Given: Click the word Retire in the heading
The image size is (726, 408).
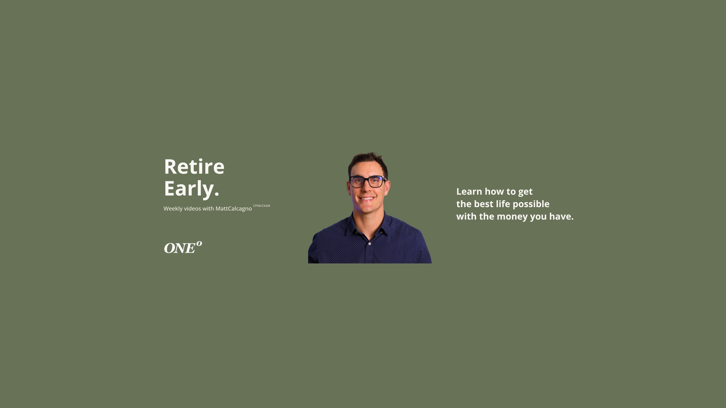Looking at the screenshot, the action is pyautogui.click(x=194, y=167).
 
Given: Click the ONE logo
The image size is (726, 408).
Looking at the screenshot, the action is pyautogui.click(x=183, y=247).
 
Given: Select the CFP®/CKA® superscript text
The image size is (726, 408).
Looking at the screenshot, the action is pyautogui.click(x=261, y=206).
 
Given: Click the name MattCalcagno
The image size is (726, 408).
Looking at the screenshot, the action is pyautogui.click(x=234, y=209).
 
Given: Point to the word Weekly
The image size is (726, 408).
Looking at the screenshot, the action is pyautogui.click(x=173, y=209).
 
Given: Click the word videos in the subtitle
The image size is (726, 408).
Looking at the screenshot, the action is pyautogui.click(x=193, y=209).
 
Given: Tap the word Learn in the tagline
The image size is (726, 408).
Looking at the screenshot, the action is pyautogui.click(x=469, y=192).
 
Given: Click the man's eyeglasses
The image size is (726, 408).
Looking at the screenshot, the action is pyautogui.click(x=368, y=182).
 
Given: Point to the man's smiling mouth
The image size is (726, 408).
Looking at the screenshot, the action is pyautogui.click(x=367, y=198).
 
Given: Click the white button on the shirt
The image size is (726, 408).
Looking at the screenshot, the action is pyautogui.click(x=369, y=243).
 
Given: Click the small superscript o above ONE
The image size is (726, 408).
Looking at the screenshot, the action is pyautogui.click(x=199, y=243).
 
